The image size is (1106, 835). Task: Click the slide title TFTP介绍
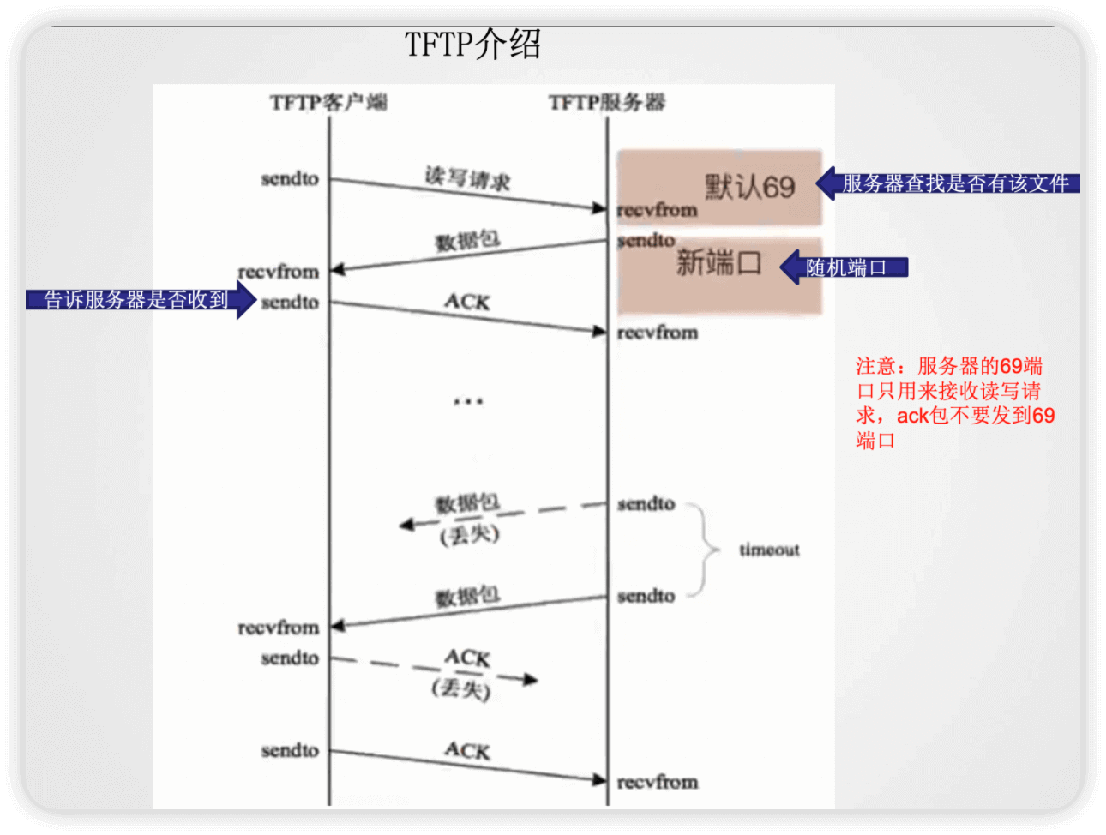pyautogui.click(x=472, y=45)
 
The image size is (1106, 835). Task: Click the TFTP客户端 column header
pyautogui.click(x=328, y=103)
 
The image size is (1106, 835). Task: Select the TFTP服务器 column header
pyautogui.click(x=607, y=103)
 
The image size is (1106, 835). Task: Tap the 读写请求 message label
pyautogui.click(x=467, y=178)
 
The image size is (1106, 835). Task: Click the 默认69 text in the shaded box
pyautogui.click(x=750, y=187)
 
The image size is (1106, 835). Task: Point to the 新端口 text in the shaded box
pyautogui.click(x=718, y=262)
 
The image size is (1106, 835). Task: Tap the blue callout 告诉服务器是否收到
pyautogui.click(x=137, y=299)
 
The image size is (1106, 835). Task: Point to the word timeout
pyautogui.click(x=769, y=550)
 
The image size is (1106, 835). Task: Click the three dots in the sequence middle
pyautogui.click(x=468, y=401)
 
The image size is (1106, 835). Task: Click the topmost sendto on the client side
pyautogui.click(x=290, y=179)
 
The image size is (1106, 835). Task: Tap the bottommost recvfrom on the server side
pyautogui.click(x=658, y=782)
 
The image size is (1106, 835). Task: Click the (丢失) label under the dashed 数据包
pyautogui.click(x=469, y=536)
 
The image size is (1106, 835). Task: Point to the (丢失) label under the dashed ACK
pyautogui.click(x=461, y=688)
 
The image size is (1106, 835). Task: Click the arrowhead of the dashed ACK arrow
pyautogui.click(x=532, y=680)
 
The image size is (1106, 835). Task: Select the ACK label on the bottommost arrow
pyautogui.click(x=467, y=751)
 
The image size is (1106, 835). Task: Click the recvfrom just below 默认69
pyautogui.click(x=658, y=210)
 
